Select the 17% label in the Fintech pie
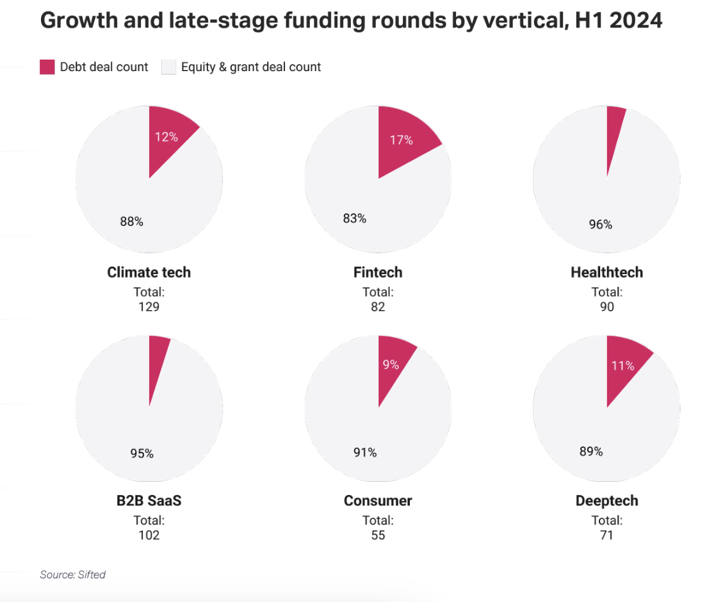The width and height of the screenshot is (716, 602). point(401,140)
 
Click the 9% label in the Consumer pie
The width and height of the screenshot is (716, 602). point(391,364)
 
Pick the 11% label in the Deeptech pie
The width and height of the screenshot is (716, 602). point(622,366)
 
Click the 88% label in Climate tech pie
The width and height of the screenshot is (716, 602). point(132,222)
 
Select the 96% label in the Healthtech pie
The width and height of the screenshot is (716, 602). point(601,224)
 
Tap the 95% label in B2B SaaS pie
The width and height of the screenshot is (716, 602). point(142,453)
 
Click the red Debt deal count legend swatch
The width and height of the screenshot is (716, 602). point(47,67)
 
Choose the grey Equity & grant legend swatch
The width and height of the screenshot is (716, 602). point(168,67)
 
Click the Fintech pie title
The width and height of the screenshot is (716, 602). point(378,272)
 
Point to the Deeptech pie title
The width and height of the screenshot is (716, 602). point(606,500)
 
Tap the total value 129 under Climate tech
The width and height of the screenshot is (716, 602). point(149,307)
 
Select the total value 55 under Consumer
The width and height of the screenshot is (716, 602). point(378,535)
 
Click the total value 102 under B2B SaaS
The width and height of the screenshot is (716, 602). point(149,535)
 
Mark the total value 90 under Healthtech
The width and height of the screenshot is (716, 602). point(606,307)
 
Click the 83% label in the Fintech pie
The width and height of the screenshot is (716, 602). point(355,218)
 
